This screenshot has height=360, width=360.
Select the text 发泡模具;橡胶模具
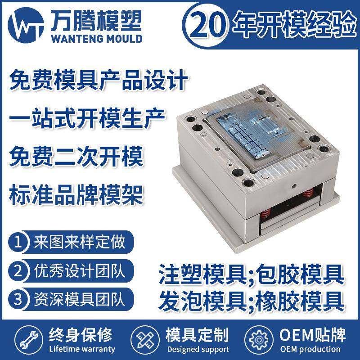251,299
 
